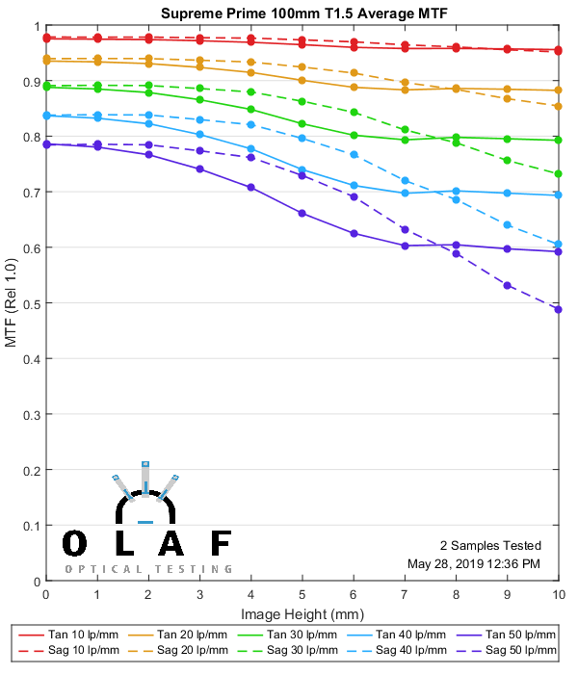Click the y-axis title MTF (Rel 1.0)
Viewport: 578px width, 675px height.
[x=11, y=304]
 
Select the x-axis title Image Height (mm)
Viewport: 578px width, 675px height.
[x=302, y=614]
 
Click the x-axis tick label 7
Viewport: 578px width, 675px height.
[x=405, y=596]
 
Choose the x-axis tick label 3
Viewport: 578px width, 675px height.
[x=199, y=596]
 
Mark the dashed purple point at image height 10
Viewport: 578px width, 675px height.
[x=559, y=309]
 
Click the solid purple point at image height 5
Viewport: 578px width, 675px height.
[x=302, y=213]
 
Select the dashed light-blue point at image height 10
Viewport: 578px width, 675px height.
[x=559, y=245]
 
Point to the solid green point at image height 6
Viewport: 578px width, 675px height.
[x=354, y=135]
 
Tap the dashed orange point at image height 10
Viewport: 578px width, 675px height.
[x=559, y=106]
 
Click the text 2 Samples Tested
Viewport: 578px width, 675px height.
[x=489, y=545]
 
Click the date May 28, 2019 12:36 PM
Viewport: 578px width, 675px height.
[x=474, y=563]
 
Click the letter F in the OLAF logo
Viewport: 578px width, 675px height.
[x=221, y=544]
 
